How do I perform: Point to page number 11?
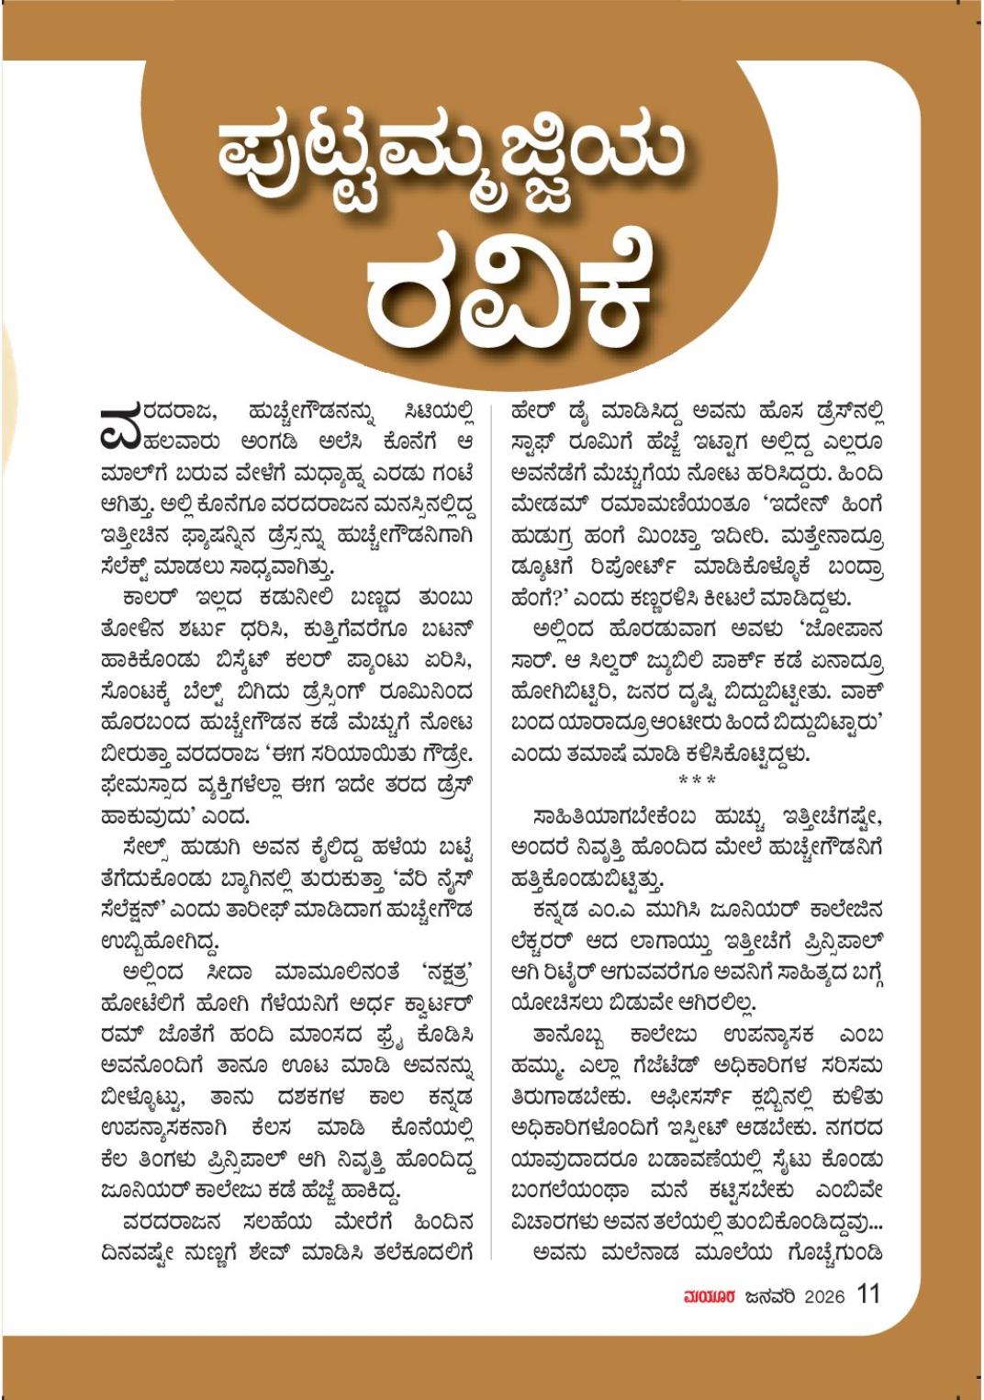coord(867,1294)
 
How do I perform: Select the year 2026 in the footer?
coord(823,1296)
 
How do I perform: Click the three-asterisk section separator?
coord(697,780)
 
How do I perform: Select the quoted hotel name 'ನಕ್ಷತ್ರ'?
coord(447,972)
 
